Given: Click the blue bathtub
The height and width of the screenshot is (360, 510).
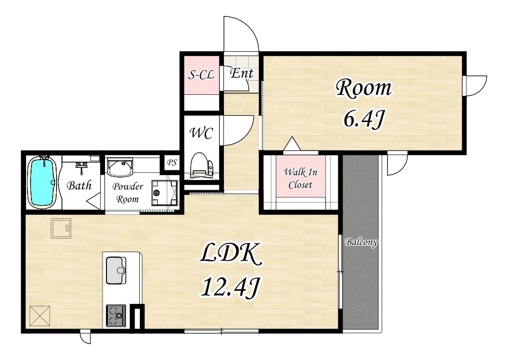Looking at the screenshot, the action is (42, 182).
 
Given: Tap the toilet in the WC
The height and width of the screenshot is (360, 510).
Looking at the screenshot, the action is (201, 165).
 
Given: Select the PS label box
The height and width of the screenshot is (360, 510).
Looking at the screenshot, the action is (171, 162).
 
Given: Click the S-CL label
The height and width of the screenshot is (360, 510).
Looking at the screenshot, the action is (201, 75).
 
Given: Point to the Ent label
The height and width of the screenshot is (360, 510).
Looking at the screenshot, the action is (241, 74).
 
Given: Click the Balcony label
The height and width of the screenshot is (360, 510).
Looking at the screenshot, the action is (361, 242).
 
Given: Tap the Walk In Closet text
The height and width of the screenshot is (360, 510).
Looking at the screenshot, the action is (300, 178).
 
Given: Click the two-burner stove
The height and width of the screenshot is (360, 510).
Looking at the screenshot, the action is (116, 315).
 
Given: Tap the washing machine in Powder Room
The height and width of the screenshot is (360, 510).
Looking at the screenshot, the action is (164, 193).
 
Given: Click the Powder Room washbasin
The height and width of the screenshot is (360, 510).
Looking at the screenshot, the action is (120, 167).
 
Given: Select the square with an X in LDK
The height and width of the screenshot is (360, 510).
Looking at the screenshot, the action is (40, 316).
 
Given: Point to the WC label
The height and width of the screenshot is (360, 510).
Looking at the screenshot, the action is (201, 133).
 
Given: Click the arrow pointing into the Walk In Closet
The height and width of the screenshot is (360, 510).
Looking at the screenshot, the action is (292, 143).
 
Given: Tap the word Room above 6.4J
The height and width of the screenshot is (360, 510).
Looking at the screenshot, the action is (364, 88).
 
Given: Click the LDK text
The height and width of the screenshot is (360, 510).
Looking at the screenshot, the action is (231, 254).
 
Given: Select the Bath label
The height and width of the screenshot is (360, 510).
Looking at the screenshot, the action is (79, 185).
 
